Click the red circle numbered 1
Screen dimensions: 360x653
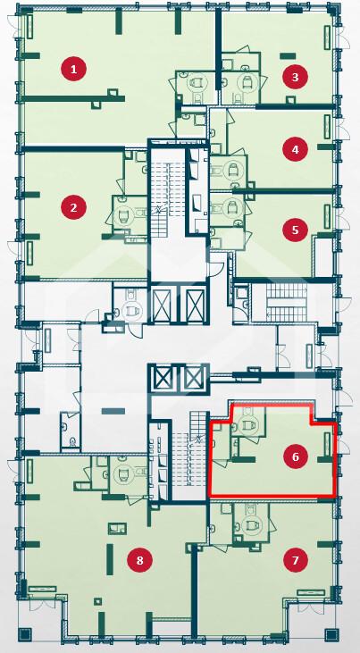(74, 69)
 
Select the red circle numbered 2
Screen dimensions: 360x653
(74, 206)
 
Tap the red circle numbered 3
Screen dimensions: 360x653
(295, 77)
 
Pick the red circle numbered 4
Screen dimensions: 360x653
(295, 149)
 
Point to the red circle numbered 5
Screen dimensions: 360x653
(295, 230)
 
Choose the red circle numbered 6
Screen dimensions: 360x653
(295, 456)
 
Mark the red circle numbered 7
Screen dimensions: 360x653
(295, 559)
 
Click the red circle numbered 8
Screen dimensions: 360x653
(139, 560)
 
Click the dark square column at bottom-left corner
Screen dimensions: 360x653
(26, 634)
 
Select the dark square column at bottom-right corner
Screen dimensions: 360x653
(332, 634)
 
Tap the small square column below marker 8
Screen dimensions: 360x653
(97, 600)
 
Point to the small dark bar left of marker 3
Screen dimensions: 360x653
(288, 55)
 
